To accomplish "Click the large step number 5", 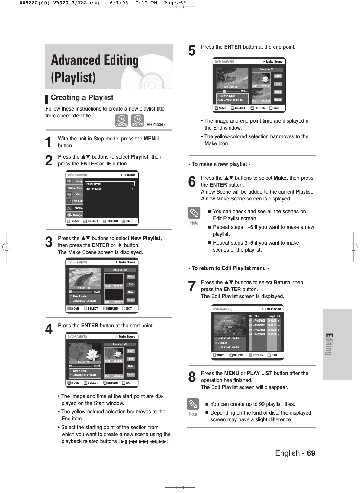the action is [x=192, y=50].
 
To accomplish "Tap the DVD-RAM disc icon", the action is [x=121, y=120].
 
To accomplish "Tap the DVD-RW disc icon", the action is [x=137, y=120].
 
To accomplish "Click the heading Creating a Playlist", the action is [x=82, y=98].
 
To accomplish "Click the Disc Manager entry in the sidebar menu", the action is [x=75, y=215].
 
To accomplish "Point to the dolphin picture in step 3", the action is [x=85, y=278].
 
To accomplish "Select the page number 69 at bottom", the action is [x=311, y=453].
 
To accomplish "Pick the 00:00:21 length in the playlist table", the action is [x=272, y=321].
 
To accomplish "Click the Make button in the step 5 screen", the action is [x=278, y=92].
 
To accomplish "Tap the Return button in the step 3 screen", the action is [x=130, y=300].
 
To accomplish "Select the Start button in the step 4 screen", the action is [x=130, y=351].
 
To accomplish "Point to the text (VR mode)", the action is [x=155, y=124].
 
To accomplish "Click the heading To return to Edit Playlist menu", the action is [x=229, y=268].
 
